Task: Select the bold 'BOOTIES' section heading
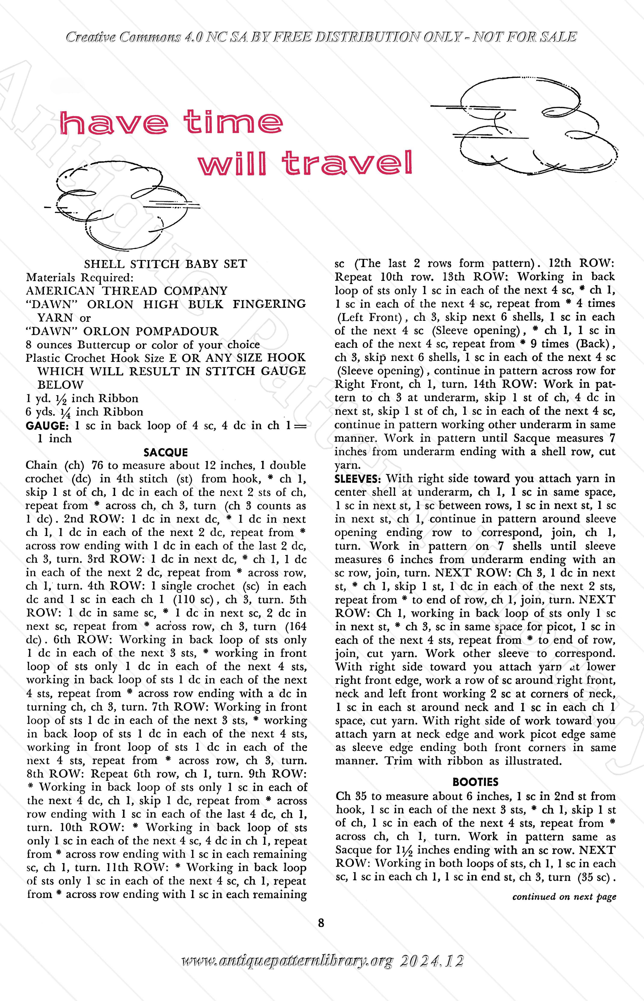475,781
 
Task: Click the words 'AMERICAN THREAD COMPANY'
127,291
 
